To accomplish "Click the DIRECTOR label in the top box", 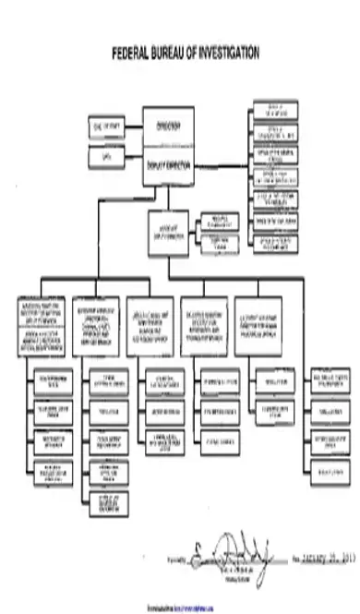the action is tap(168, 124).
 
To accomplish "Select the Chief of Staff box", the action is tap(105, 125).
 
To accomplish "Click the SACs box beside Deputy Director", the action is tap(105, 158).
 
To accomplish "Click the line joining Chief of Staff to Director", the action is tap(133, 125).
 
